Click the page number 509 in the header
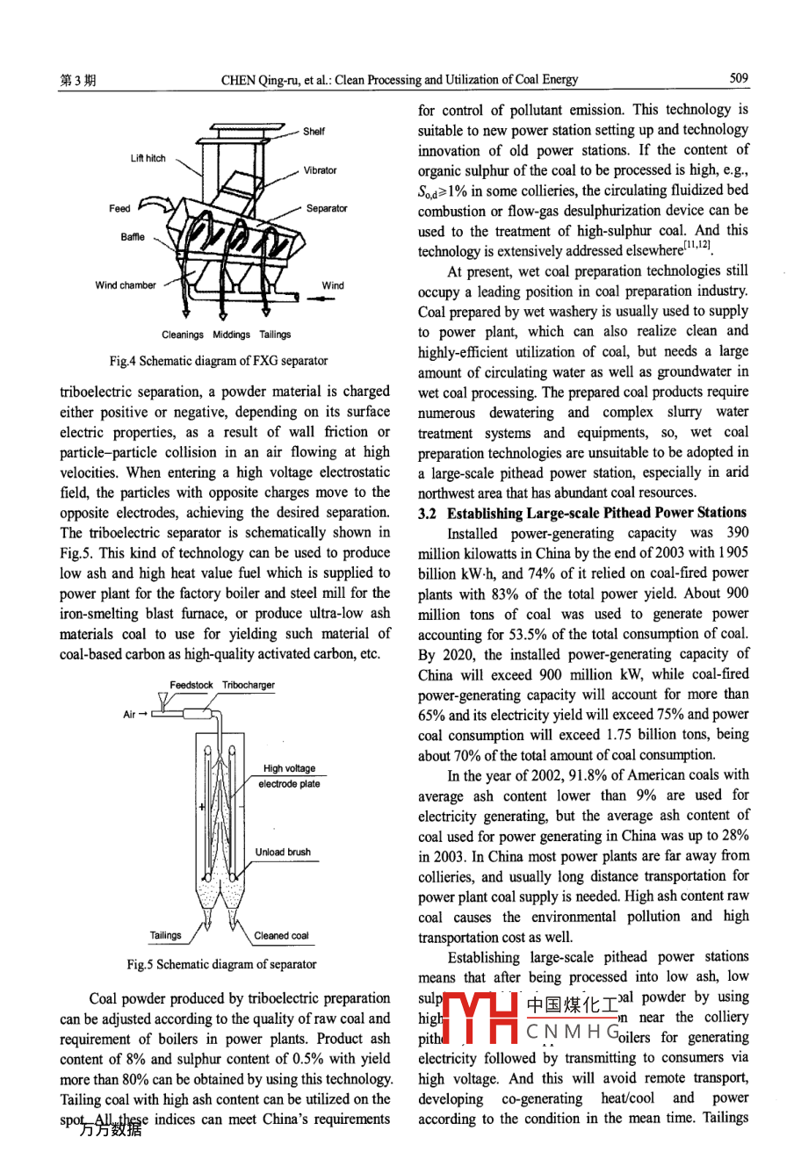pos(739,78)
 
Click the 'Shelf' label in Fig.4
pos(314,132)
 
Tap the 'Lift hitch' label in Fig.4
pos(148,158)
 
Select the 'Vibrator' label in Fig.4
pos(320,170)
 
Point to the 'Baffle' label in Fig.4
pos(133,237)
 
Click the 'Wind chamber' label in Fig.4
pos(126,285)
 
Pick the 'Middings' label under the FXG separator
pos(231,335)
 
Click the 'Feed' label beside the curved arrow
pos(119,208)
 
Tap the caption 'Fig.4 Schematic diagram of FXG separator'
pos(219,361)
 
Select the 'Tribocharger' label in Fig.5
pos(249,685)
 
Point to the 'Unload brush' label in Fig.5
pos(283,852)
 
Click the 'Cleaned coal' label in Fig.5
pos(281,936)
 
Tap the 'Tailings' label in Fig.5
pos(165,936)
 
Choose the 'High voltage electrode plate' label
pos(289,776)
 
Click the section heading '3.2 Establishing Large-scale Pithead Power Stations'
pos(582,513)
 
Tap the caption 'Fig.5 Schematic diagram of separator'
pos(221,964)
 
